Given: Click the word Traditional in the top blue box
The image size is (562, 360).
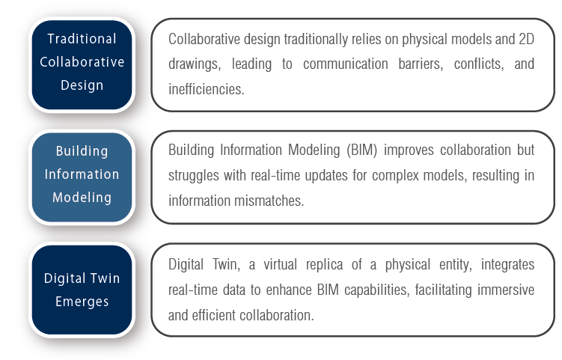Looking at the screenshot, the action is tap(82, 39).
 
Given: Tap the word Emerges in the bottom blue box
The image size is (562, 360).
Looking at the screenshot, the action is tap(82, 302).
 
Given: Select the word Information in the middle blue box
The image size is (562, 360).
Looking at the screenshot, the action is tap(82, 174).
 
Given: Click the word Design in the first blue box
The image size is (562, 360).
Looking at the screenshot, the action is tap(82, 85).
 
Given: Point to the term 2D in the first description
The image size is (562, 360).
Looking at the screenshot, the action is tap(526, 39).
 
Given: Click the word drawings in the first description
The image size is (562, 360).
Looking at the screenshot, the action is tap(195, 64).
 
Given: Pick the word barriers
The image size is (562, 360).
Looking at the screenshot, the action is tap(421, 64).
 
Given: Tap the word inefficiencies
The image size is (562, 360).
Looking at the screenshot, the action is tap(206, 89).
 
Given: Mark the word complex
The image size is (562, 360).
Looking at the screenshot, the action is tap(395, 176).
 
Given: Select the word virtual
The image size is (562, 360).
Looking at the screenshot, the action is tap(281, 265).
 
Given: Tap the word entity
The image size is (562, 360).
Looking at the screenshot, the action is tap(456, 265).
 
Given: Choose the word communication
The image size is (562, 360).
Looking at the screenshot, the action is tap(346, 64).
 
